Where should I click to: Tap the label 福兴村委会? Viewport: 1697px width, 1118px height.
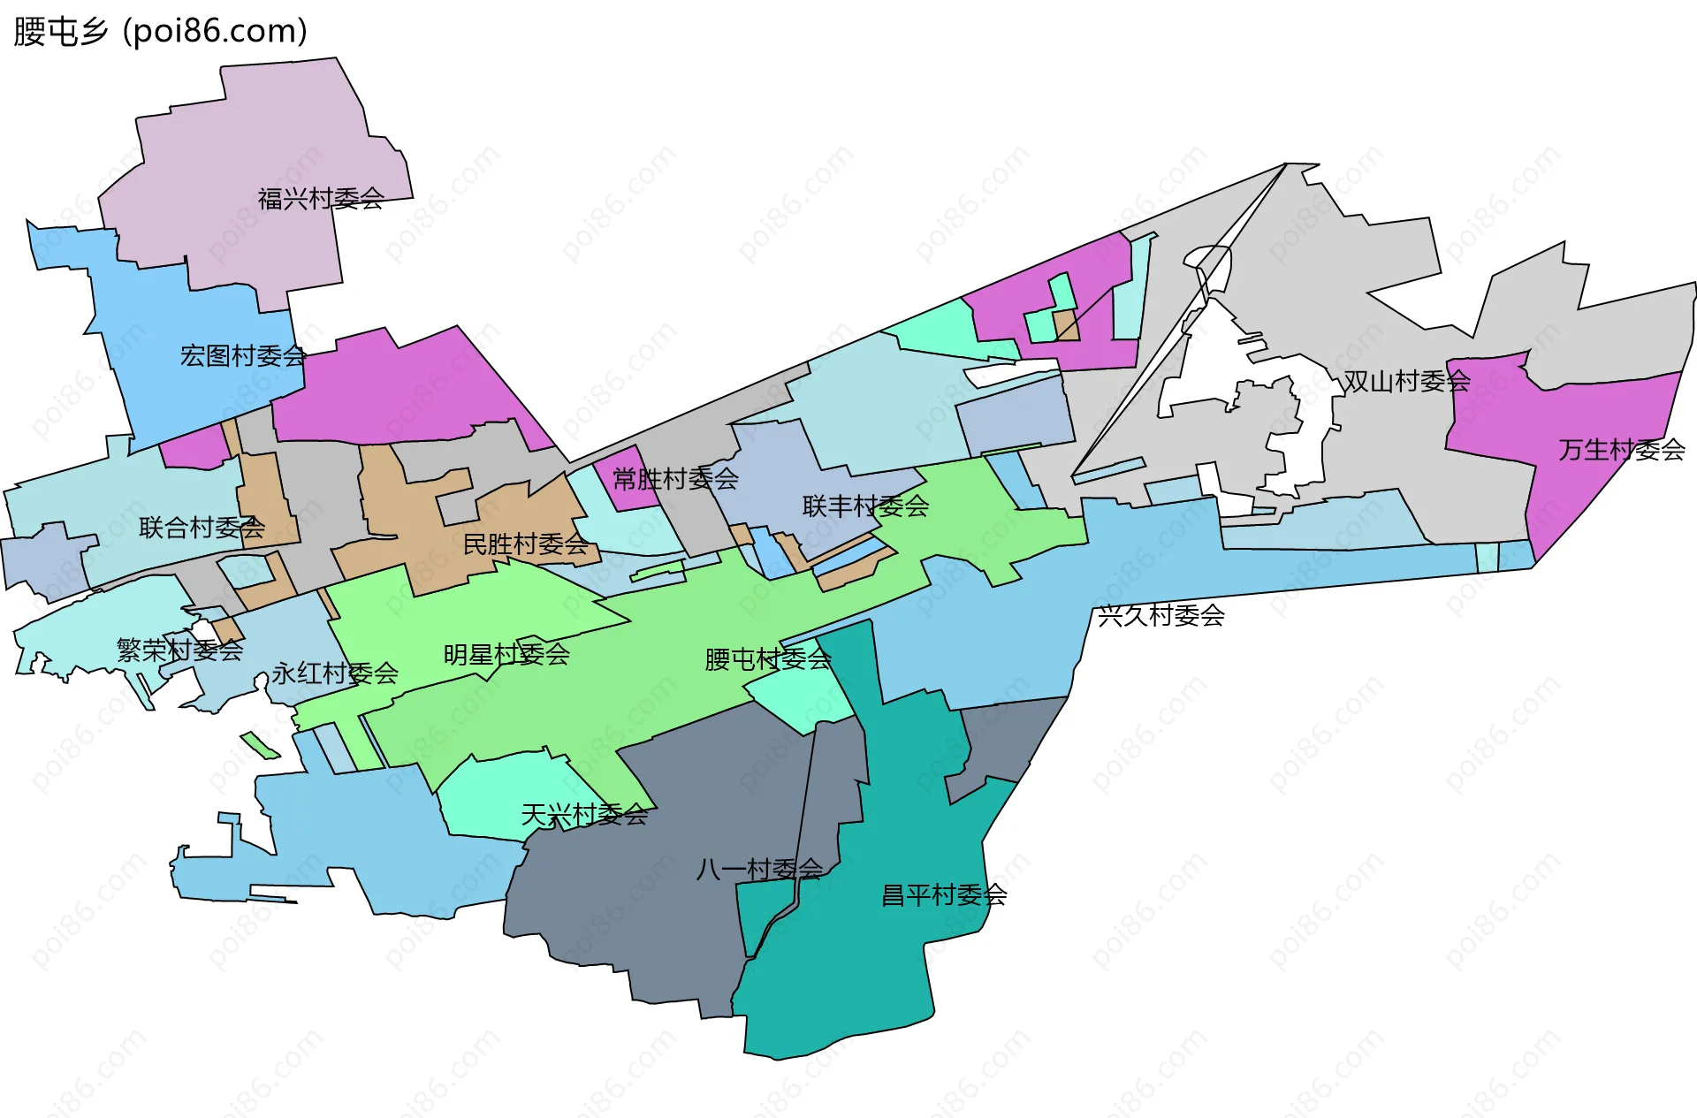pos(321,199)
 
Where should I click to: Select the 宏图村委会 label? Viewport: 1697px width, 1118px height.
pos(243,356)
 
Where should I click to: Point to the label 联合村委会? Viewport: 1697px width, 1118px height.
pos(202,529)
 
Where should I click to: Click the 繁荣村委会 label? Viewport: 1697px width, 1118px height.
pos(179,650)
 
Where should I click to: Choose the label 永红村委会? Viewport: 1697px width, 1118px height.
pos(335,673)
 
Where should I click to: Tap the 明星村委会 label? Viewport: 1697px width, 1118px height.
pos(506,655)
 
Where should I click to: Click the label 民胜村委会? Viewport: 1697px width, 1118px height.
pos(526,544)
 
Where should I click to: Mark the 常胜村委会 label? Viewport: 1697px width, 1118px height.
pos(675,479)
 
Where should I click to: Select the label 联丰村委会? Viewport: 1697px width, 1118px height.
pos(865,506)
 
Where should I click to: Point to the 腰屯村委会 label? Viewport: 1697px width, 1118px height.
pos(768,659)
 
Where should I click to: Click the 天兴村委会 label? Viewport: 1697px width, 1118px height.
pos(584,815)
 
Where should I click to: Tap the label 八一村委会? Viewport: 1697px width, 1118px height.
pos(759,870)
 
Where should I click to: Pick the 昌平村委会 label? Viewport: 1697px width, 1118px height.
pos(944,895)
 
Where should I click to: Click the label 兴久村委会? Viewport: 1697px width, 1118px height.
pos(1161,616)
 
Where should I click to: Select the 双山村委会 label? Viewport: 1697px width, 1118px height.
pos(1406,382)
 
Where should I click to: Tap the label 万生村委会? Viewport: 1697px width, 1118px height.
pos(1621,451)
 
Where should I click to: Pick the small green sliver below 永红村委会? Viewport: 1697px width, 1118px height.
pos(260,745)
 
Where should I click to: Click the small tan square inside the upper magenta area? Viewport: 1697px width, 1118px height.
pos(1067,324)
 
